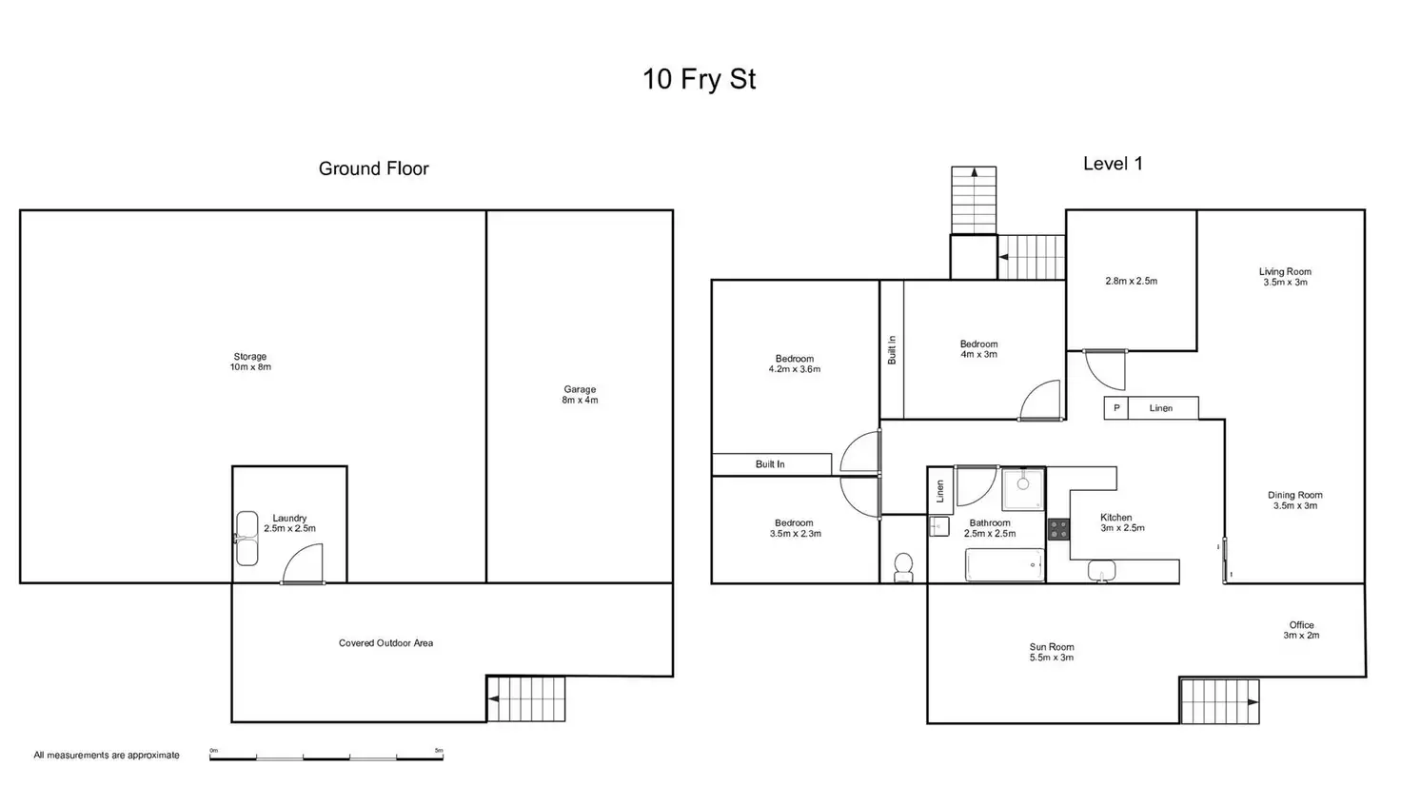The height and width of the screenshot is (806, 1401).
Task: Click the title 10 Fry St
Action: point(699,78)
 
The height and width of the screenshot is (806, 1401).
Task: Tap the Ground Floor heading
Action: point(373,168)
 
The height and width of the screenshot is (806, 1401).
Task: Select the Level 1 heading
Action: point(1113,164)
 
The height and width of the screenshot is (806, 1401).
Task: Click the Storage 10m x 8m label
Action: point(250,362)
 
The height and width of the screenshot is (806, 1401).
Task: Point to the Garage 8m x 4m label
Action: point(580,394)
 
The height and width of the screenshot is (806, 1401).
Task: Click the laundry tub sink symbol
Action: point(247,539)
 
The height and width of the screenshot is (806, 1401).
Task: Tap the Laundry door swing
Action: point(305,563)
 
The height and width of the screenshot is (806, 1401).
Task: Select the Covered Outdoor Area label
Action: point(385,643)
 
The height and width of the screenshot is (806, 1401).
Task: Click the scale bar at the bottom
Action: point(326,757)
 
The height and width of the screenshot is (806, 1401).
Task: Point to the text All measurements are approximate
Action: point(107,756)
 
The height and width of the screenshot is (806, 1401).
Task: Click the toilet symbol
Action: point(903,567)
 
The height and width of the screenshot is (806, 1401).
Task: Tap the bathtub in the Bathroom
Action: point(1005,565)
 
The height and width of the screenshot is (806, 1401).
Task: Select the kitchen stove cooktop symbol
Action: point(1058,529)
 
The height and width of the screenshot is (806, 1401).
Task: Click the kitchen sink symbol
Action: point(1102,570)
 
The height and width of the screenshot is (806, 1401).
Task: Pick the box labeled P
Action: point(1116,408)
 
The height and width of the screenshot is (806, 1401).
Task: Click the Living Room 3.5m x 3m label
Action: point(1285,277)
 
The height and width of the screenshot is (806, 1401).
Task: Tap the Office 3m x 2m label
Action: point(1301,630)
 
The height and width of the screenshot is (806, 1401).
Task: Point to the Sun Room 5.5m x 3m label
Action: point(1052,652)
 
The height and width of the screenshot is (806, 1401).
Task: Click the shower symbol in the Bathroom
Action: point(1023,488)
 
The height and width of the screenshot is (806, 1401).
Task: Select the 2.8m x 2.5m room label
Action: point(1131,282)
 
